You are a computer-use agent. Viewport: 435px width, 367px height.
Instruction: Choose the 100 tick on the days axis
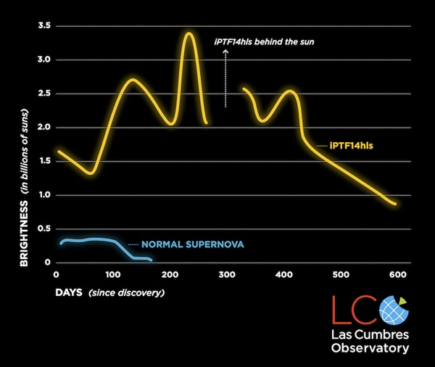[112, 275]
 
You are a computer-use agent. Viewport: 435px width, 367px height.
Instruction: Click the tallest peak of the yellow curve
[189, 33]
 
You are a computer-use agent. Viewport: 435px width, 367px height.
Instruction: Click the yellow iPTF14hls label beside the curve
[356, 146]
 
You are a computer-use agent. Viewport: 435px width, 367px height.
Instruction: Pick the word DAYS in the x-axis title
[69, 293]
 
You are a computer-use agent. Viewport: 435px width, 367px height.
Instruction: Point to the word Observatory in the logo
[370, 348]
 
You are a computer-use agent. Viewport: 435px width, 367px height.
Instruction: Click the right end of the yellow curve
[395, 204]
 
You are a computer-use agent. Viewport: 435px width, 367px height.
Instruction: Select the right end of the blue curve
[151, 260]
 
